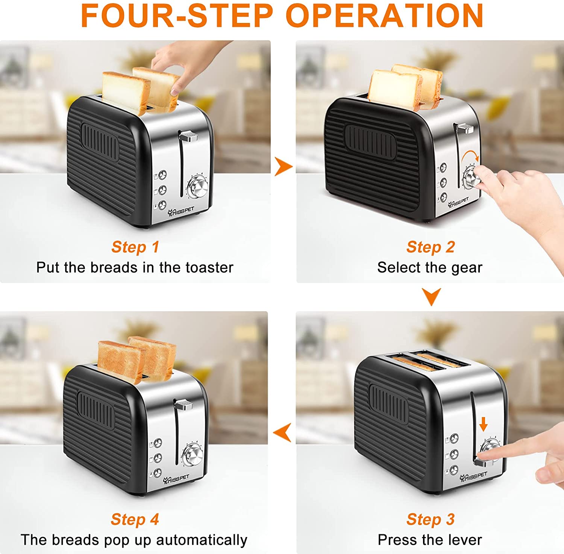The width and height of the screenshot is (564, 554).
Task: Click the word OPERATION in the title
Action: click(x=384, y=15)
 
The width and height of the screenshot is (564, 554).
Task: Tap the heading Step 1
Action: click(x=135, y=247)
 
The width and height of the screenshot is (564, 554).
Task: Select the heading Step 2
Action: click(x=431, y=247)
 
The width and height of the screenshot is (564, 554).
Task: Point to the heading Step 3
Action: click(x=431, y=519)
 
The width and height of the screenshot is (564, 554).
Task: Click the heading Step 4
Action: click(x=135, y=519)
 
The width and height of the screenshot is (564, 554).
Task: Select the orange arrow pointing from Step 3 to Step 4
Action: click(x=282, y=432)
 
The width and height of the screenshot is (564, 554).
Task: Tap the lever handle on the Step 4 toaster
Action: click(x=184, y=405)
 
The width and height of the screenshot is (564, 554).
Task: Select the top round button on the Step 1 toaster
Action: click(x=162, y=175)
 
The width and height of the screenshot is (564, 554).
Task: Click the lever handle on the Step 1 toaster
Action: click(x=189, y=136)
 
